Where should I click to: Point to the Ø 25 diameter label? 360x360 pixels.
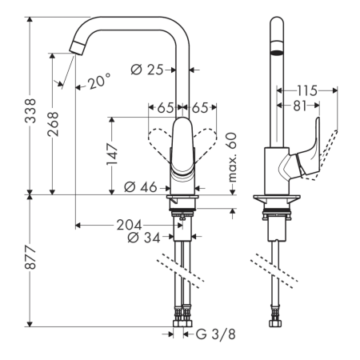click(x=150, y=70)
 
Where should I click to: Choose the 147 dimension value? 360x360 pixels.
click(x=115, y=153)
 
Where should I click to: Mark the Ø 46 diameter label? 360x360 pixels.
click(x=141, y=189)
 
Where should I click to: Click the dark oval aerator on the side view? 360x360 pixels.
click(x=276, y=51)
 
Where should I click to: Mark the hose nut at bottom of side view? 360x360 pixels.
click(x=277, y=326)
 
